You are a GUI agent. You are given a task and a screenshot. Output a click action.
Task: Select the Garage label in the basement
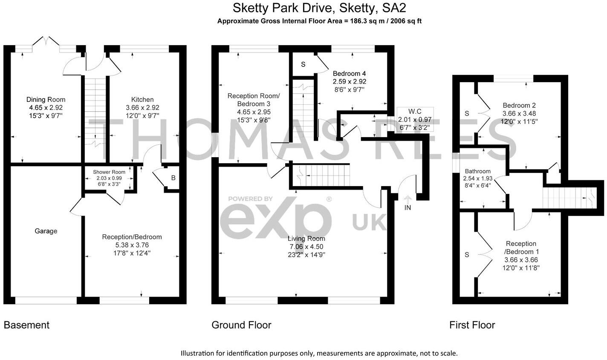46,231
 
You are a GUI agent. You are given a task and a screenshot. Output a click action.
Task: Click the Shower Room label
109,172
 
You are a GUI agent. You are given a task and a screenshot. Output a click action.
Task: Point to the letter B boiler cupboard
173,178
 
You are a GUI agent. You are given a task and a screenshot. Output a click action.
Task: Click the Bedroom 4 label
349,73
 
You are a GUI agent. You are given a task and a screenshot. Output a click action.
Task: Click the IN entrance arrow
408,204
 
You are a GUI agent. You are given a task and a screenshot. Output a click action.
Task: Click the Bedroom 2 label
519,106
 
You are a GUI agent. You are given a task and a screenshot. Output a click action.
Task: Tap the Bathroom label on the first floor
477,171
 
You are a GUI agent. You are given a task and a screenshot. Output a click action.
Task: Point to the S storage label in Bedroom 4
303,64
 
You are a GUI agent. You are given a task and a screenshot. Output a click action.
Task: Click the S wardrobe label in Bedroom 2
467,113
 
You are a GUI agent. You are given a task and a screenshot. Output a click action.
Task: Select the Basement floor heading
26,325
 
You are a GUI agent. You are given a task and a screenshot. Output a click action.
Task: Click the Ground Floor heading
241,325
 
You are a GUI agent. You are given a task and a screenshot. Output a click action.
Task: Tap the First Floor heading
472,325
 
